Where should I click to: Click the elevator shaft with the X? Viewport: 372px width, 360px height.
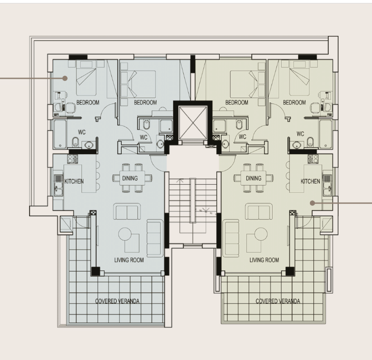pos(193,123)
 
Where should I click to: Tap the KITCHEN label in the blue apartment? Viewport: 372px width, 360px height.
pos(74,181)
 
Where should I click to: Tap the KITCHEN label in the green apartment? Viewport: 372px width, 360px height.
pos(310,181)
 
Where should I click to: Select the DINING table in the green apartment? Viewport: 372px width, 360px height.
pos(254,178)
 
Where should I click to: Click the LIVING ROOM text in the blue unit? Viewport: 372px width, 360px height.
pos(129,260)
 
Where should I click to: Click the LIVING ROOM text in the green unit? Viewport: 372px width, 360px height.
pos(264,260)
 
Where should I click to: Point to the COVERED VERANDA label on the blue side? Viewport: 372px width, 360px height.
pos(117,301)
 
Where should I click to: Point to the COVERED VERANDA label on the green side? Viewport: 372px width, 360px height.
pos(278,301)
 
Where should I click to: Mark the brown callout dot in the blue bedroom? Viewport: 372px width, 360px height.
pos(65,78)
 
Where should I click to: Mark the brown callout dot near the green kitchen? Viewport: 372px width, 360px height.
pos(312,203)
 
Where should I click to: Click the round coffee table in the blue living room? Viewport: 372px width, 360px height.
pos(125,234)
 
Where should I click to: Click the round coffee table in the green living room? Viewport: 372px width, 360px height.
pos(261,234)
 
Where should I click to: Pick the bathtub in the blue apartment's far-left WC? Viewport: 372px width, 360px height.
pos(60,134)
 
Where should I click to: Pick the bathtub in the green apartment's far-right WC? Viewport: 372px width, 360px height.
pos(326,134)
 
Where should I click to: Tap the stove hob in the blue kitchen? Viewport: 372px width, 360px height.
pos(72,159)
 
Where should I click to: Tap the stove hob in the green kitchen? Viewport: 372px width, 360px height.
pos(313,159)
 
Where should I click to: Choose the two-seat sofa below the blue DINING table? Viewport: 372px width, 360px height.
pos(127,211)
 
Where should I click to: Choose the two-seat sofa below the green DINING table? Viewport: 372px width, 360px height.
pos(259,211)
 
